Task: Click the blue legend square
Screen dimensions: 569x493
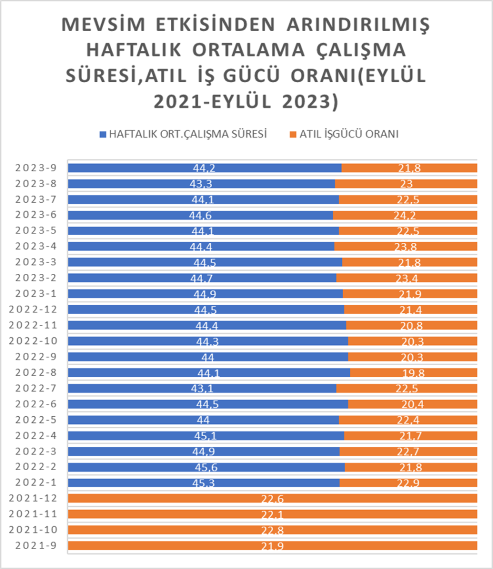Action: pos(102,134)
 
